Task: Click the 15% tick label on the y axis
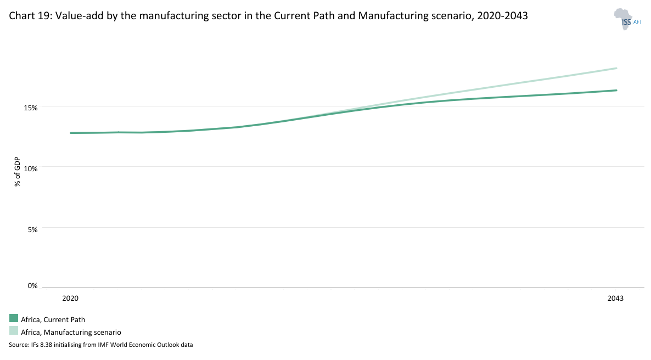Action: pyautogui.click(x=31, y=108)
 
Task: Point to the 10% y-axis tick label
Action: pyautogui.click(x=31, y=168)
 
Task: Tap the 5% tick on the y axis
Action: pyautogui.click(x=32, y=229)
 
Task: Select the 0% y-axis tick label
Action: pyautogui.click(x=32, y=285)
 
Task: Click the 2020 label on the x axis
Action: pyautogui.click(x=70, y=299)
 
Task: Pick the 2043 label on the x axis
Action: pyautogui.click(x=615, y=299)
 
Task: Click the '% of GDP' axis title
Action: pyautogui.click(x=18, y=171)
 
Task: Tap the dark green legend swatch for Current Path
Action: pyautogui.click(x=14, y=318)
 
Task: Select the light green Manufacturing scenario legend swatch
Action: pyautogui.click(x=14, y=331)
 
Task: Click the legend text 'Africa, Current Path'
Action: pyautogui.click(x=53, y=319)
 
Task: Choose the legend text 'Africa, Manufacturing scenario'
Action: pyautogui.click(x=71, y=332)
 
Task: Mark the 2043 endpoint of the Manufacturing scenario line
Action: pyautogui.click(x=616, y=69)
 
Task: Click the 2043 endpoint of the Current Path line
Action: pyautogui.click(x=616, y=91)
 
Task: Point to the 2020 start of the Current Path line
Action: pyautogui.click(x=71, y=133)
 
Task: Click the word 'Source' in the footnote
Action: pyautogui.click(x=18, y=345)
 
